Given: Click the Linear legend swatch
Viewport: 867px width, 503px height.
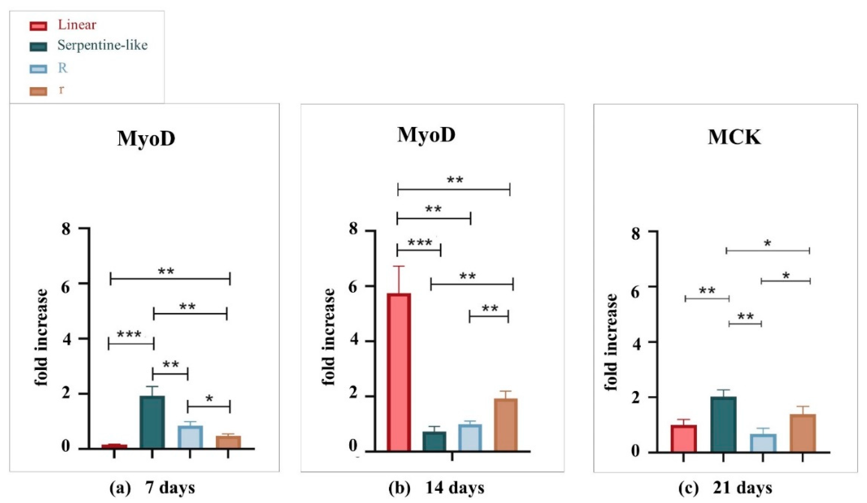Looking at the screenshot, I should (x=38, y=26).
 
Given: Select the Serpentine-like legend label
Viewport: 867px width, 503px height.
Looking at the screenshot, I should (x=102, y=45).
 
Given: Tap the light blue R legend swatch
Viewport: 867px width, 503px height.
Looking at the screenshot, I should (x=38, y=69).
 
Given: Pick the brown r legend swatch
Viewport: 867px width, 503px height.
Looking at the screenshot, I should (x=38, y=91).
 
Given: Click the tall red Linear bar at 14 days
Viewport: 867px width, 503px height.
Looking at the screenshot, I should (x=399, y=372).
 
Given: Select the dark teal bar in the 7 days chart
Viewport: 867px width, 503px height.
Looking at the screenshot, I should (x=152, y=422).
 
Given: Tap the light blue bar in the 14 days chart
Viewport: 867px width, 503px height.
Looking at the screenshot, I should (x=470, y=438).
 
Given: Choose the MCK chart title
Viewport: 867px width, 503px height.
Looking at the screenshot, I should (x=734, y=138).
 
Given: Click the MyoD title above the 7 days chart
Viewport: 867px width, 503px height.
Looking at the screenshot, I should (x=146, y=139).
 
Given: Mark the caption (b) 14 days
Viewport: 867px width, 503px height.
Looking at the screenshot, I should (x=436, y=488).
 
